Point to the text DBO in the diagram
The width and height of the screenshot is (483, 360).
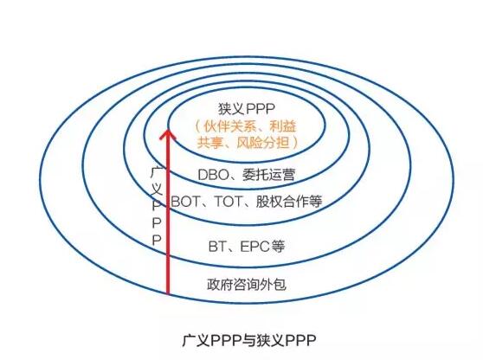212,175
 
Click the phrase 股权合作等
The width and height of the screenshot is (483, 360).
290,201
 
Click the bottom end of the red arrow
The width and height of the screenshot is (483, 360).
167,293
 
